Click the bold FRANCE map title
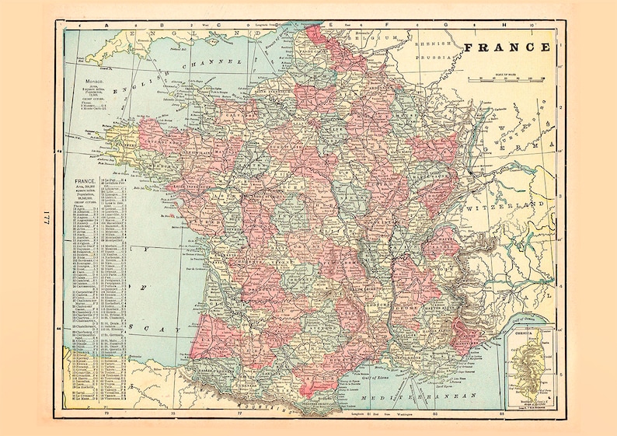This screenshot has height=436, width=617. pos(507,47)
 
